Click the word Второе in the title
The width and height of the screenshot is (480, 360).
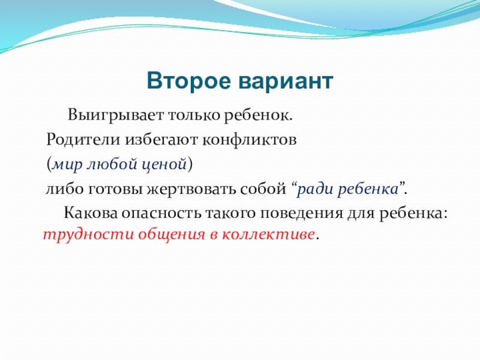pyautogui.click(x=188, y=81)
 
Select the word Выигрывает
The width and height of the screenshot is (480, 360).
pyautogui.click(x=116, y=116)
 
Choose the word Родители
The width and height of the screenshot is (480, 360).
pyautogui.click(x=83, y=140)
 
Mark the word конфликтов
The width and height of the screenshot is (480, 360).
pyautogui.click(x=249, y=140)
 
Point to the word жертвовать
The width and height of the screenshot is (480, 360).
pyautogui.click(x=191, y=189)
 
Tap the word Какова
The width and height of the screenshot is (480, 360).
pyautogui.click(x=91, y=213)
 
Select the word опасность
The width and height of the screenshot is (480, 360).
pyautogui.click(x=161, y=214)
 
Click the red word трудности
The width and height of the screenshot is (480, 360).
pyautogui.click(x=88, y=235)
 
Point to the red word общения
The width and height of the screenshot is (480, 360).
pyautogui.click(x=172, y=235)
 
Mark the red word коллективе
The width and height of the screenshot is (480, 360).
pyautogui.click(x=268, y=235)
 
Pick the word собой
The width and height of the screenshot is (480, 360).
pyautogui.click(x=263, y=189)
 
